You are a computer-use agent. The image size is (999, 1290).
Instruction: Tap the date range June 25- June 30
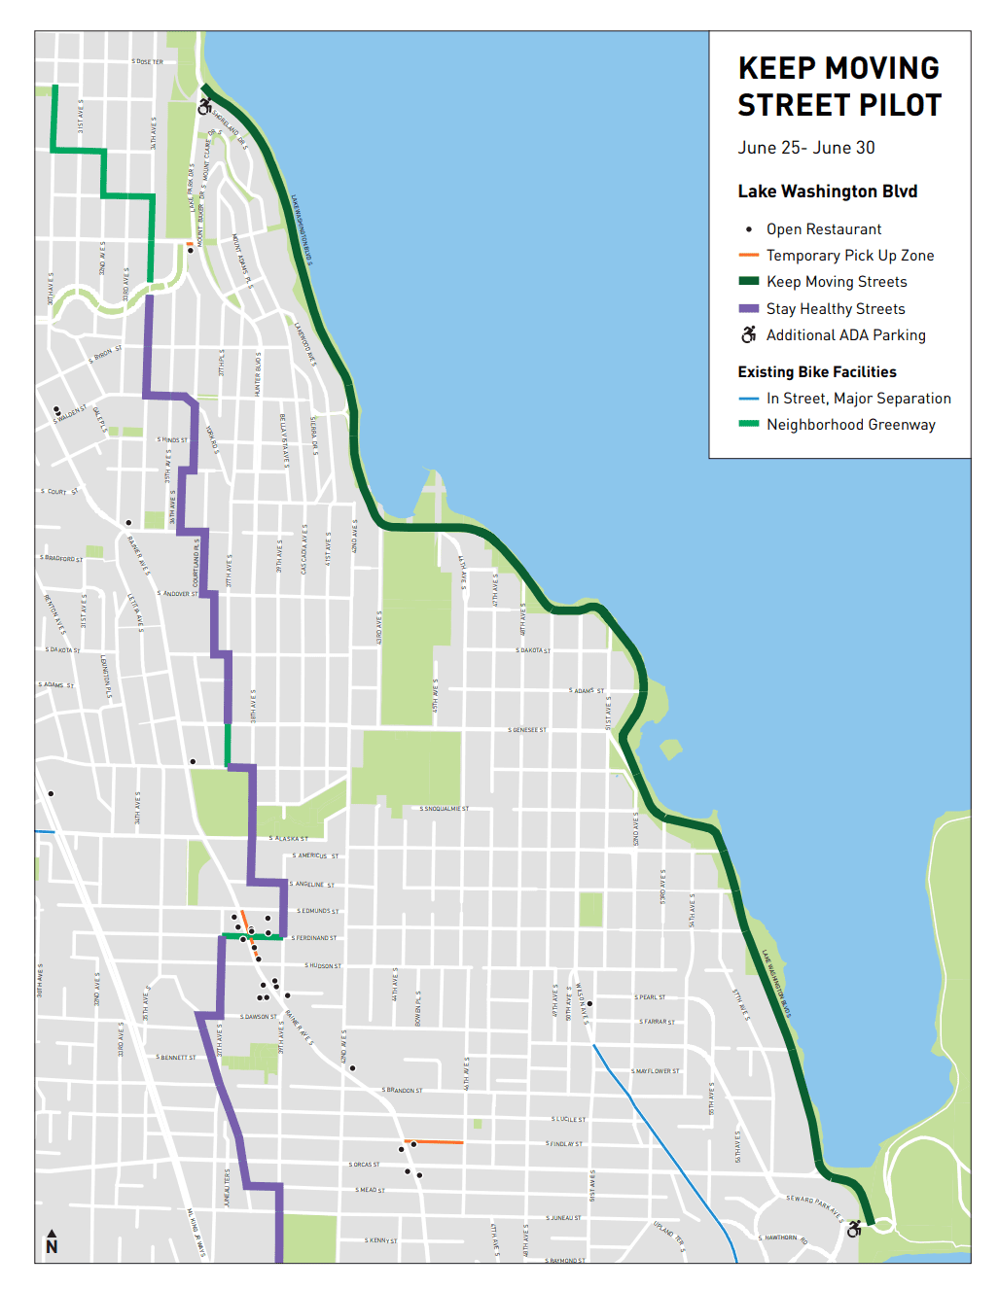(805, 148)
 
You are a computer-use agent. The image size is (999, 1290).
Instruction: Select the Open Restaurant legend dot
(748, 229)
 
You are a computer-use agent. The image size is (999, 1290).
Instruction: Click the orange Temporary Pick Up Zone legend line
(748, 256)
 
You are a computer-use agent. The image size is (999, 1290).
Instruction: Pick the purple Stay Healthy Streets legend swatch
(748, 308)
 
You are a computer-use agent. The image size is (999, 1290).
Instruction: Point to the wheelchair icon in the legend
(748, 334)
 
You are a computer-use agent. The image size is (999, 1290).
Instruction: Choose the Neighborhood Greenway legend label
(850, 425)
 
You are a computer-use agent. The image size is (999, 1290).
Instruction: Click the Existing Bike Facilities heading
(816, 371)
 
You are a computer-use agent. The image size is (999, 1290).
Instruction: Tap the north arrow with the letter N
(52, 1242)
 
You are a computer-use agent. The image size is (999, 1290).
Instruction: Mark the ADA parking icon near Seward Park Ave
(854, 1229)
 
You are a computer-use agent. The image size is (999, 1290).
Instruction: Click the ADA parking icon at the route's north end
(204, 106)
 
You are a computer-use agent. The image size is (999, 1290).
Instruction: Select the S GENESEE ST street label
(527, 730)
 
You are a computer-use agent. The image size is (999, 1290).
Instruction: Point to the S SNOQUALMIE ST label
(445, 809)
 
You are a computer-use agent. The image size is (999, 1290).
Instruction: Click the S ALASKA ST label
(289, 838)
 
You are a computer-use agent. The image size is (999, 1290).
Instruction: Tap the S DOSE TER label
(148, 62)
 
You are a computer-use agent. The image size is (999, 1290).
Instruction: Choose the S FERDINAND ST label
(314, 938)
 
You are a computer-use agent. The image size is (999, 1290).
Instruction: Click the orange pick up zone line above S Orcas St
(434, 1141)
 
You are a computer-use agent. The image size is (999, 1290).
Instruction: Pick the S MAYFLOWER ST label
(656, 1071)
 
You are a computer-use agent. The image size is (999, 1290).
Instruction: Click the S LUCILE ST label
(568, 1119)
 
